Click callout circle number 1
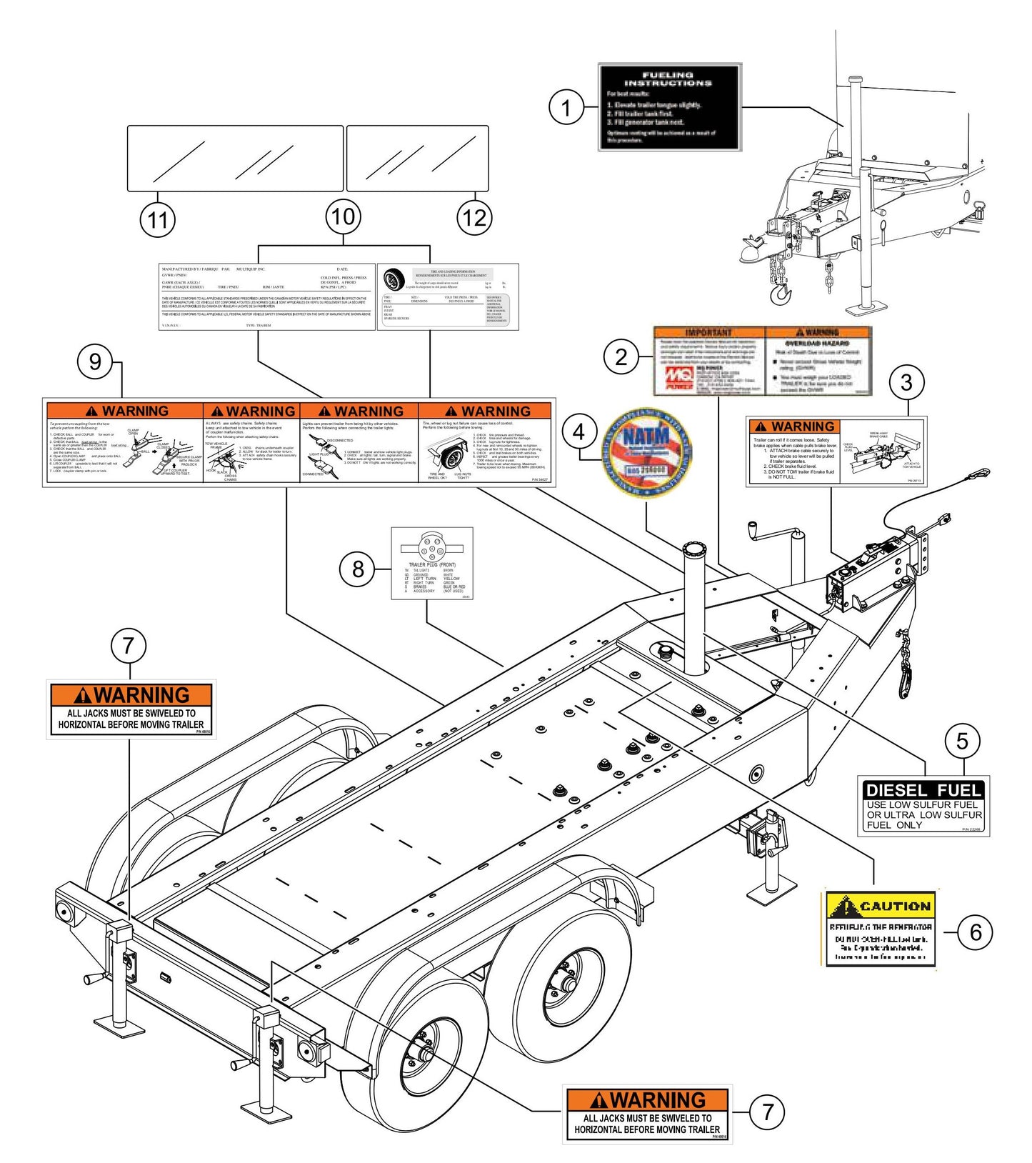tap(566, 109)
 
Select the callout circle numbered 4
tap(579, 431)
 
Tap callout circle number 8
tap(358, 569)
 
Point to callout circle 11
tap(158, 219)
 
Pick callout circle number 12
tap(475, 217)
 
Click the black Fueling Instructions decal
tap(669, 107)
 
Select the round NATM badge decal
tap(647, 452)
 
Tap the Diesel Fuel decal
tap(923, 806)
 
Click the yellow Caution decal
tap(880, 929)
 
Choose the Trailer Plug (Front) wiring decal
tap(431, 563)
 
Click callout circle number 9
tap(95, 361)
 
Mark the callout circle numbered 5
tap(962, 741)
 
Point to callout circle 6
tap(975, 932)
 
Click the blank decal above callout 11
tap(235, 158)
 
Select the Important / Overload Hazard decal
tap(763, 361)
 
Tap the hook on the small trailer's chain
tap(781, 293)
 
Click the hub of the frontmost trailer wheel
tap(422, 1053)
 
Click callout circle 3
tap(906, 382)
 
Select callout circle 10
tap(344, 216)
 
